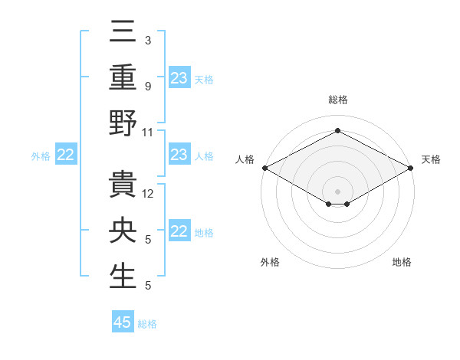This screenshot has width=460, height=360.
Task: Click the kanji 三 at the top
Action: coord(123,36)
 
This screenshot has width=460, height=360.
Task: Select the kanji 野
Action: coord(123,123)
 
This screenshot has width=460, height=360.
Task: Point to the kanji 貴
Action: coord(123,188)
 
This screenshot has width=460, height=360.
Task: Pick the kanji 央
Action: coord(123,232)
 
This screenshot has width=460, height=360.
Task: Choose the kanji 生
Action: coord(123,277)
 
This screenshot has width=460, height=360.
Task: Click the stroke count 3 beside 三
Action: coord(147,40)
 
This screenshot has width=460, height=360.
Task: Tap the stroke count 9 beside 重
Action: coord(147,85)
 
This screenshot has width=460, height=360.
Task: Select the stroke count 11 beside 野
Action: coord(148,132)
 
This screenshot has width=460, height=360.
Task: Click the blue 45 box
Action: coord(123,322)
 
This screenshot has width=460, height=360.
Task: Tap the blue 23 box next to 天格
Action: coord(179,78)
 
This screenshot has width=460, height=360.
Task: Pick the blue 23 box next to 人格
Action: coord(179,155)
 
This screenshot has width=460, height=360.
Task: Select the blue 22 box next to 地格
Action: coord(179,231)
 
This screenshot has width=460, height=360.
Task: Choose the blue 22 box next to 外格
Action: coord(66,155)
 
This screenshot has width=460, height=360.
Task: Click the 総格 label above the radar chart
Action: coord(337,100)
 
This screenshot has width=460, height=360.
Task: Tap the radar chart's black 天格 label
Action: coord(432,159)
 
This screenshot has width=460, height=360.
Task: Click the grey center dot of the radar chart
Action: coord(337,190)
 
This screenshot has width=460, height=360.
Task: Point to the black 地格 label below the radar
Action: coord(402,262)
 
